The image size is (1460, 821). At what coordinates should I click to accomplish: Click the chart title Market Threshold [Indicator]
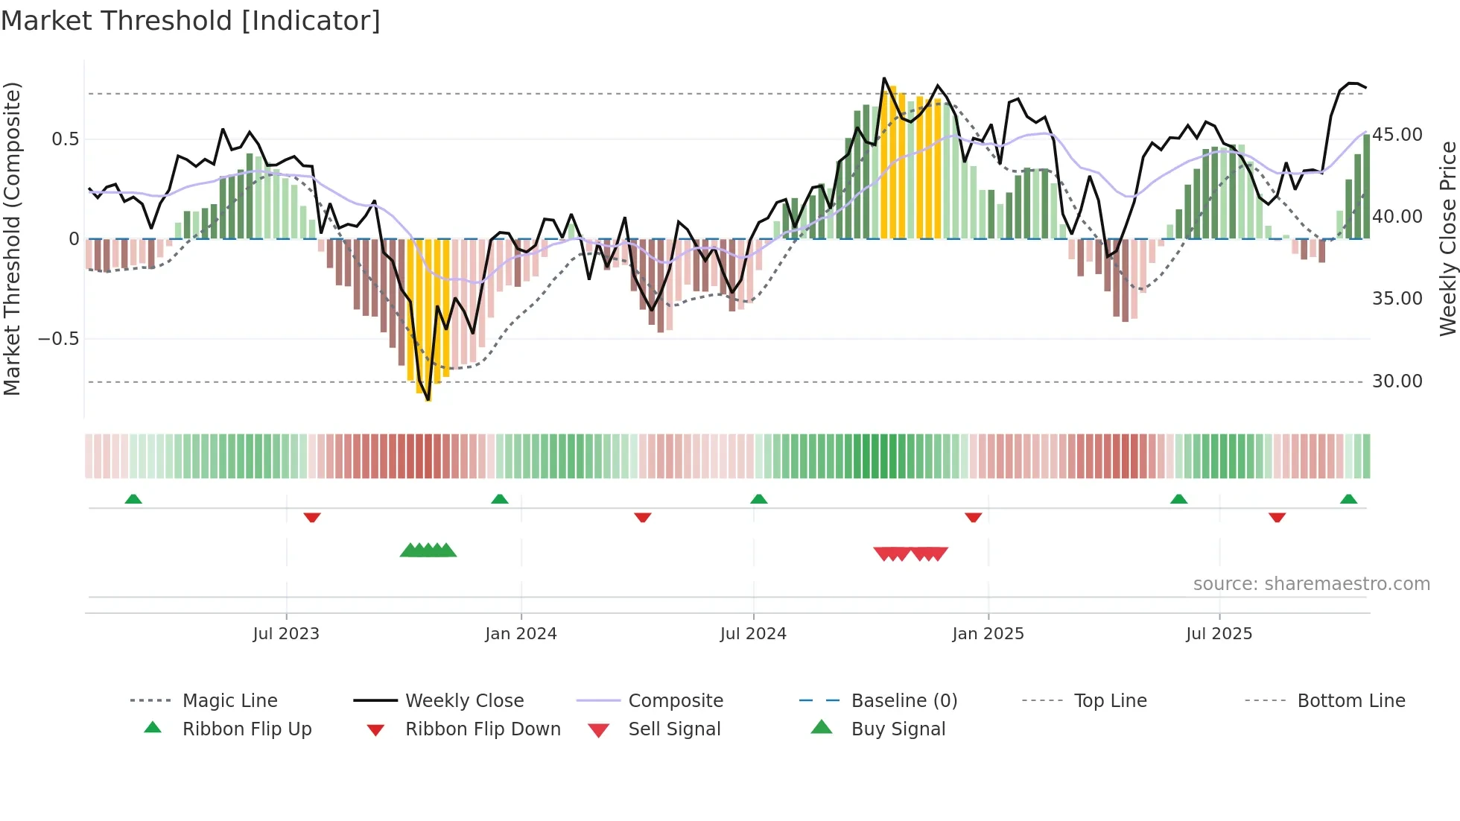(x=191, y=21)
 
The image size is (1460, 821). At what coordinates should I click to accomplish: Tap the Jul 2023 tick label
(x=286, y=634)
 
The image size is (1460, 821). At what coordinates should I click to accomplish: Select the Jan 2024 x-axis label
(x=521, y=634)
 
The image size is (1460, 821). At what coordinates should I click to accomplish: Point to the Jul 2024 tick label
(x=753, y=634)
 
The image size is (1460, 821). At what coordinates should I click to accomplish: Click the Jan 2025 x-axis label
(x=988, y=634)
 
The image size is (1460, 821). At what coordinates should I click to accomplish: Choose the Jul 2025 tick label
(x=1219, y=634)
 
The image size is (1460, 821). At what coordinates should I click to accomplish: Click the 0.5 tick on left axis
(x=66, y=139)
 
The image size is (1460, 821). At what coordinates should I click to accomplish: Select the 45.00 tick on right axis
(x=1397, y=135)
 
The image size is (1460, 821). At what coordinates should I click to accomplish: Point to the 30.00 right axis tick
(x=1397, y=381)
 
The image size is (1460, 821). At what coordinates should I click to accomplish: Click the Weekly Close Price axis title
(x=1447, y=238)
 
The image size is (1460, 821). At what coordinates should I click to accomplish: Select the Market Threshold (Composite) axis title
(x=13, y=238)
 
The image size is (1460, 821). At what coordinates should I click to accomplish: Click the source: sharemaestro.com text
(x=1311, y=584)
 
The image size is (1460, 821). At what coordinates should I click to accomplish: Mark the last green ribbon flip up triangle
(x=1348, y=499)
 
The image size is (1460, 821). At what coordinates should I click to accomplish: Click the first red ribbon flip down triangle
(x=312, y=517)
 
